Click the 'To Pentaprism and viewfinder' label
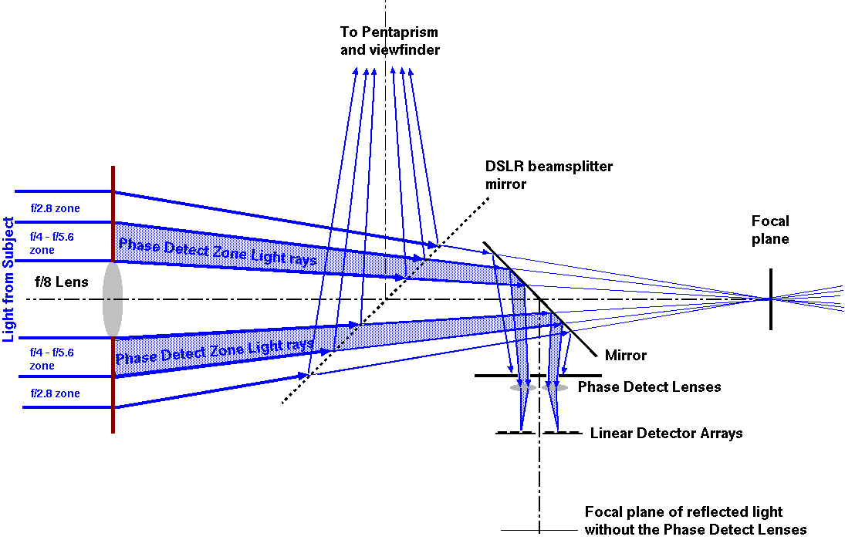point(390,42)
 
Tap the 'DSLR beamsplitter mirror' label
point(549,175)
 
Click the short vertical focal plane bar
point(770,299)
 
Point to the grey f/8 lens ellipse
point(113,299)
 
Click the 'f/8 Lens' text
point(62,282)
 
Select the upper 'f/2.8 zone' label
point(55,208)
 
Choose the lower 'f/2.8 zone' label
point(55,393)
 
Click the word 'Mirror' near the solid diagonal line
point(626,356)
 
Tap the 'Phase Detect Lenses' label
point(649,386)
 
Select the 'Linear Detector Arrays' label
point(666,433)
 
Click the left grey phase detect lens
point(522,387)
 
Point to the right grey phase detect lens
point(555,387)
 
